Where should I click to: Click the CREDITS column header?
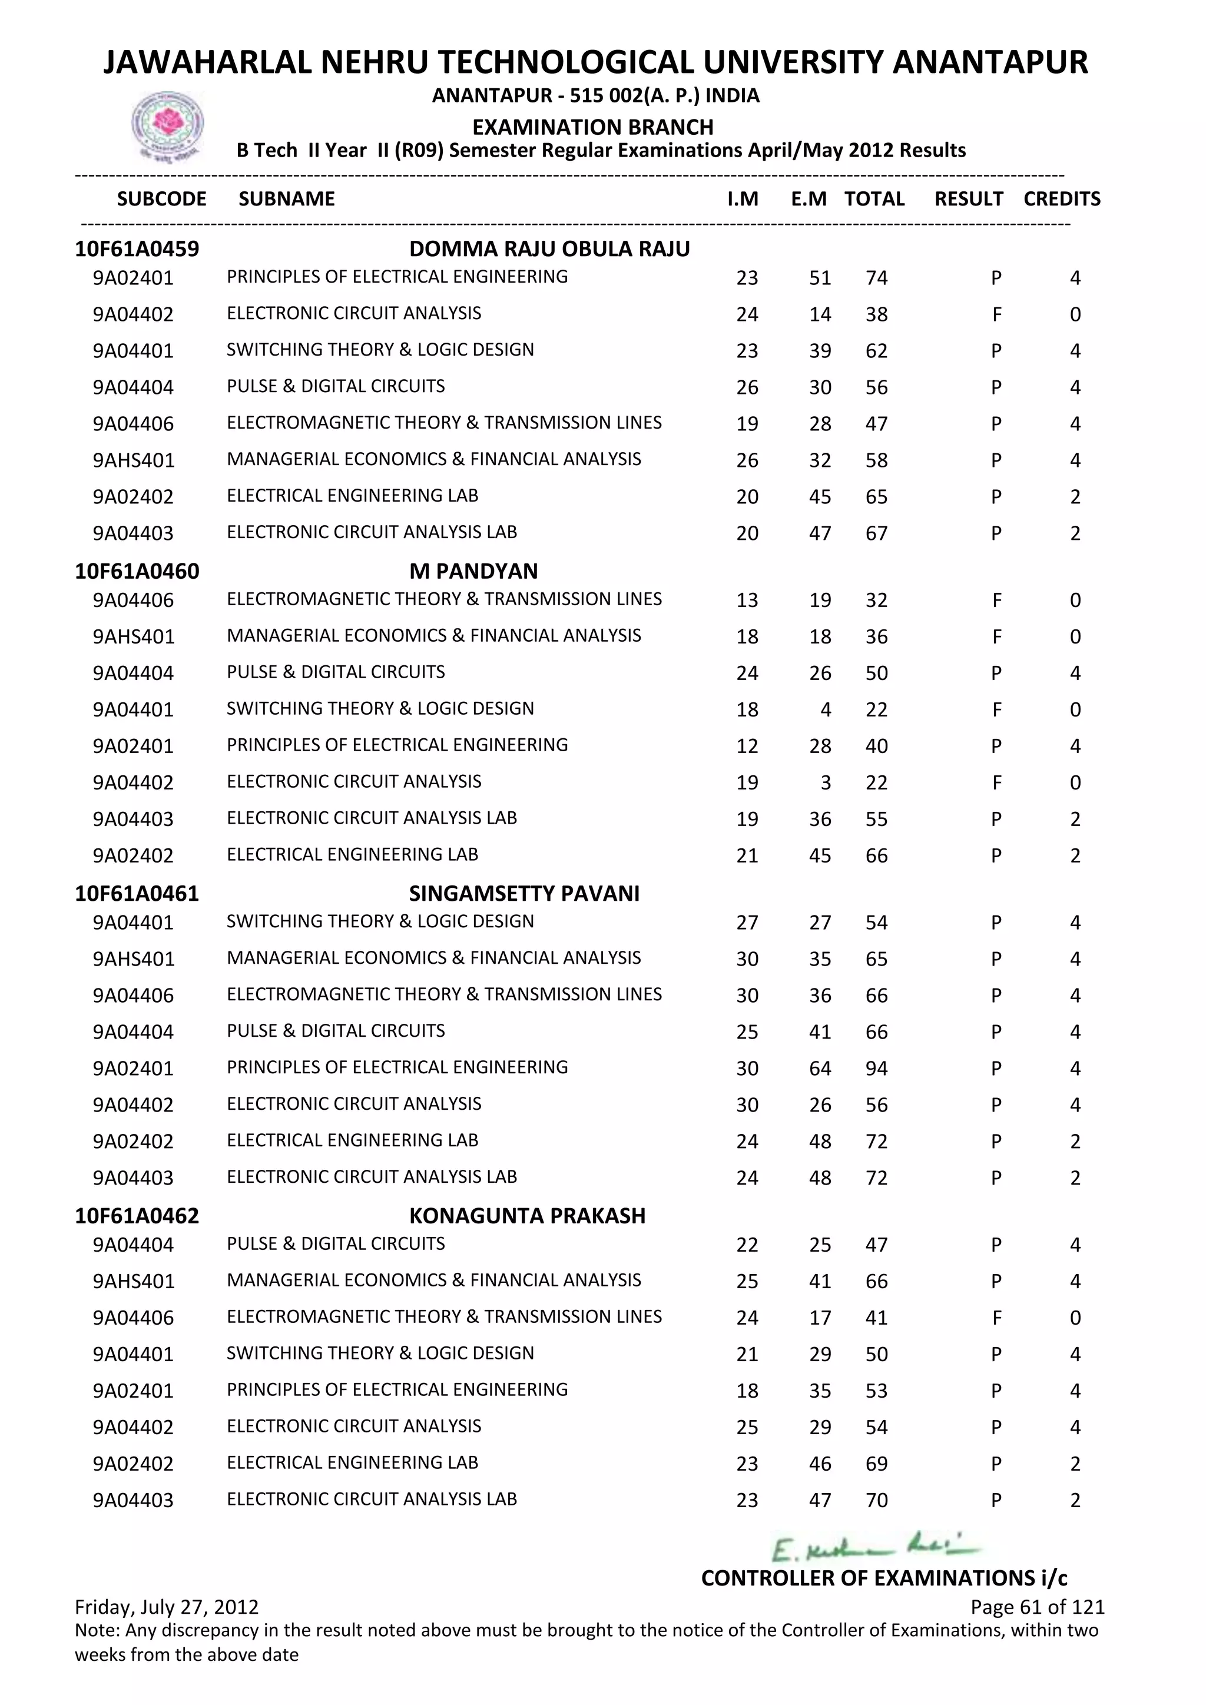pos(1061,199)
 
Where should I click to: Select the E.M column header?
pos(808,199)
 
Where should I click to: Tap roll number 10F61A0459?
pos(137,249)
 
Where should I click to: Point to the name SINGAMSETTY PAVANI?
pos(524,893)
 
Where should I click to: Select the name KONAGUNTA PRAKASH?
pos(527,1216)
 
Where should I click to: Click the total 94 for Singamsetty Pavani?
pos(876,1069)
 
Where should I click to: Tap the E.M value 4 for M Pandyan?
pos(825,710)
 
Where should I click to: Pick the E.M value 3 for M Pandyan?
pos(825,782)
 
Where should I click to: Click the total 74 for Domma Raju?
pos(876,278)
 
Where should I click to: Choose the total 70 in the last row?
pos(876,1501)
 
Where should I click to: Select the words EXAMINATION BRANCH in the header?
pos(592,127)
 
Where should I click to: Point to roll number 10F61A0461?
pos(137,893)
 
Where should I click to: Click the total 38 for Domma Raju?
pos(876,315)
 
